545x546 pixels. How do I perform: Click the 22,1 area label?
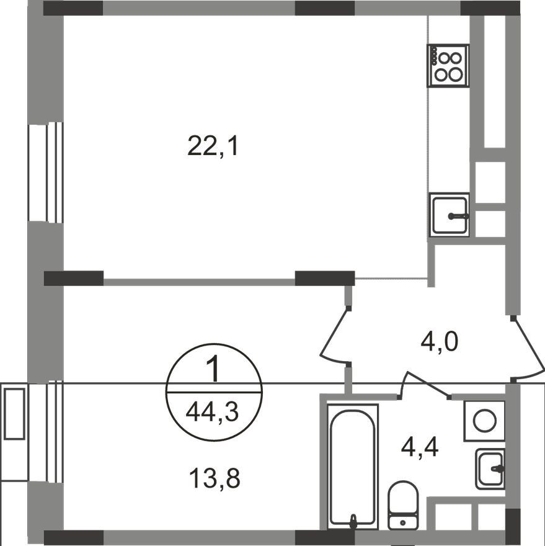213,146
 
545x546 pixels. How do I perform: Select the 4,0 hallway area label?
439,341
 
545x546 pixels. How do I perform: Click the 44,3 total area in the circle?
212,412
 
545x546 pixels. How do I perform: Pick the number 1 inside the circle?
213,369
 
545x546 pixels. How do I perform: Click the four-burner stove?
448,66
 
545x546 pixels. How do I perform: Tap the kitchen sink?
450,215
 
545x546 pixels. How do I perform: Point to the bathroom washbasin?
490,469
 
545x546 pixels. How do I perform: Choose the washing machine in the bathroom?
484,421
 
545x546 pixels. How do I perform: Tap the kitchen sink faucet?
459,217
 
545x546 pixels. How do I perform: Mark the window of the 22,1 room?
46,172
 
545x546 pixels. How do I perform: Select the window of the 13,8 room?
46,433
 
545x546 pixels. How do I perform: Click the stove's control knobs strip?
434,56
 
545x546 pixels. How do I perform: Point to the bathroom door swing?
425,385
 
